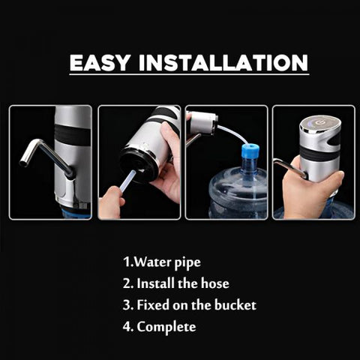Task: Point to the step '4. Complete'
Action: click(x=159, y=326)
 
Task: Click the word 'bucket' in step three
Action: click(x=235, y=305)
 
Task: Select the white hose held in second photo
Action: click(x=128, y=180)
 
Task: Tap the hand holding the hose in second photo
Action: click(x=112, y=202)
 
